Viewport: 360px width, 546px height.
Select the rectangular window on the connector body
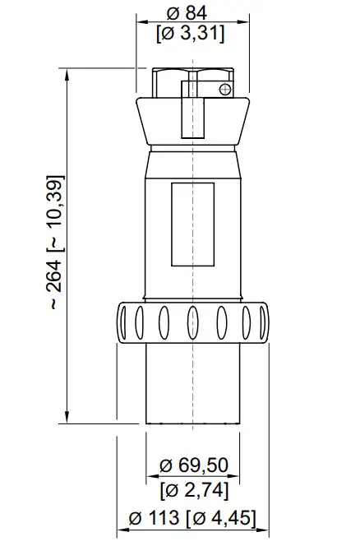pos(192,224)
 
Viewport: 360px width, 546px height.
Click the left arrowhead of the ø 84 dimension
pos(141,21)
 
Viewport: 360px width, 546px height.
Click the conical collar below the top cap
pos(191,123)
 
